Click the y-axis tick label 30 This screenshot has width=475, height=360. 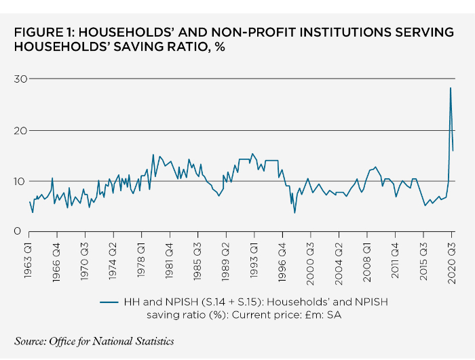[x=20, y=79]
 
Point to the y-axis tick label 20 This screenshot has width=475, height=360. [x=20, y=130]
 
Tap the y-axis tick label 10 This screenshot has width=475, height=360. [x=20, y=181]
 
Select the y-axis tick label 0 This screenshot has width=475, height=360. [x=23, y=232]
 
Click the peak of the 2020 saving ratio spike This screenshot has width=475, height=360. [x=450, y=88]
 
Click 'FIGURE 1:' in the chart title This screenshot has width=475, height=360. [x=44, y=32]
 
